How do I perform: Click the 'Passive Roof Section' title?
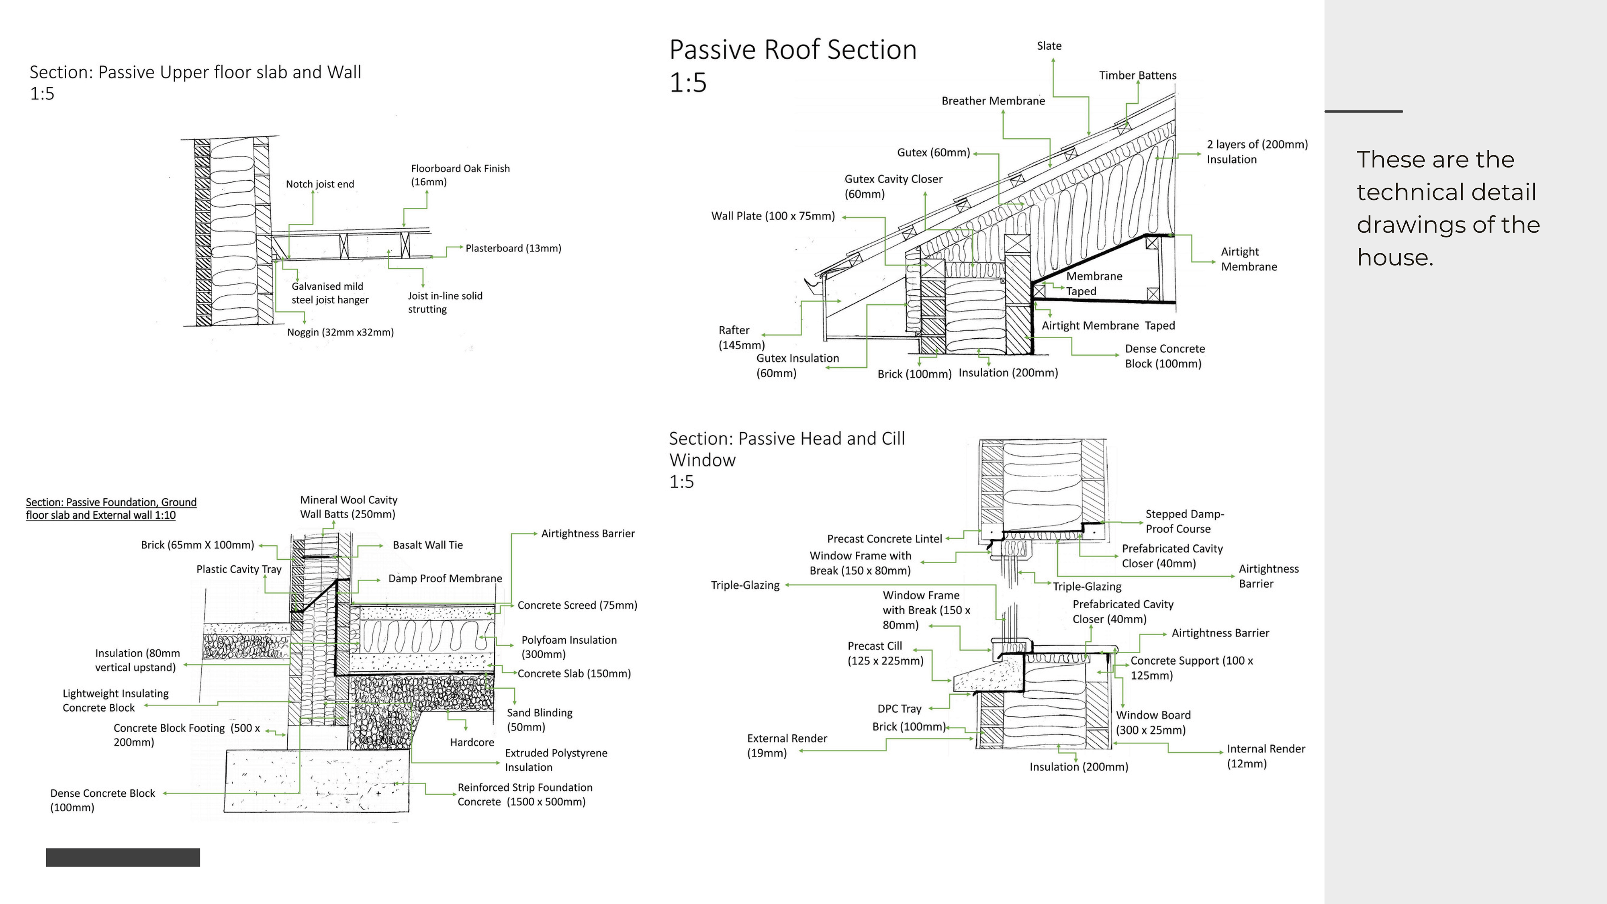point(792,50)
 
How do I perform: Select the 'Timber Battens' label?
point(1137,76)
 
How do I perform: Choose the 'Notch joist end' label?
point(319,184)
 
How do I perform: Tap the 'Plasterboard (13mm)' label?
point(513,248)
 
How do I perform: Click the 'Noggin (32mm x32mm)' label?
point(340,333)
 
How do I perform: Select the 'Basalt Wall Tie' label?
point(427,545)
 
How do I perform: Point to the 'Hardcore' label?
point(472,742)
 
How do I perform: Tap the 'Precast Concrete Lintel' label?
point(884,539)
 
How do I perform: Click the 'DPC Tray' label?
point(899,709)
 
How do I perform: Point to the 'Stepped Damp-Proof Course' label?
point(1184,522)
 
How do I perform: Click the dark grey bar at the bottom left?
point(123,857)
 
